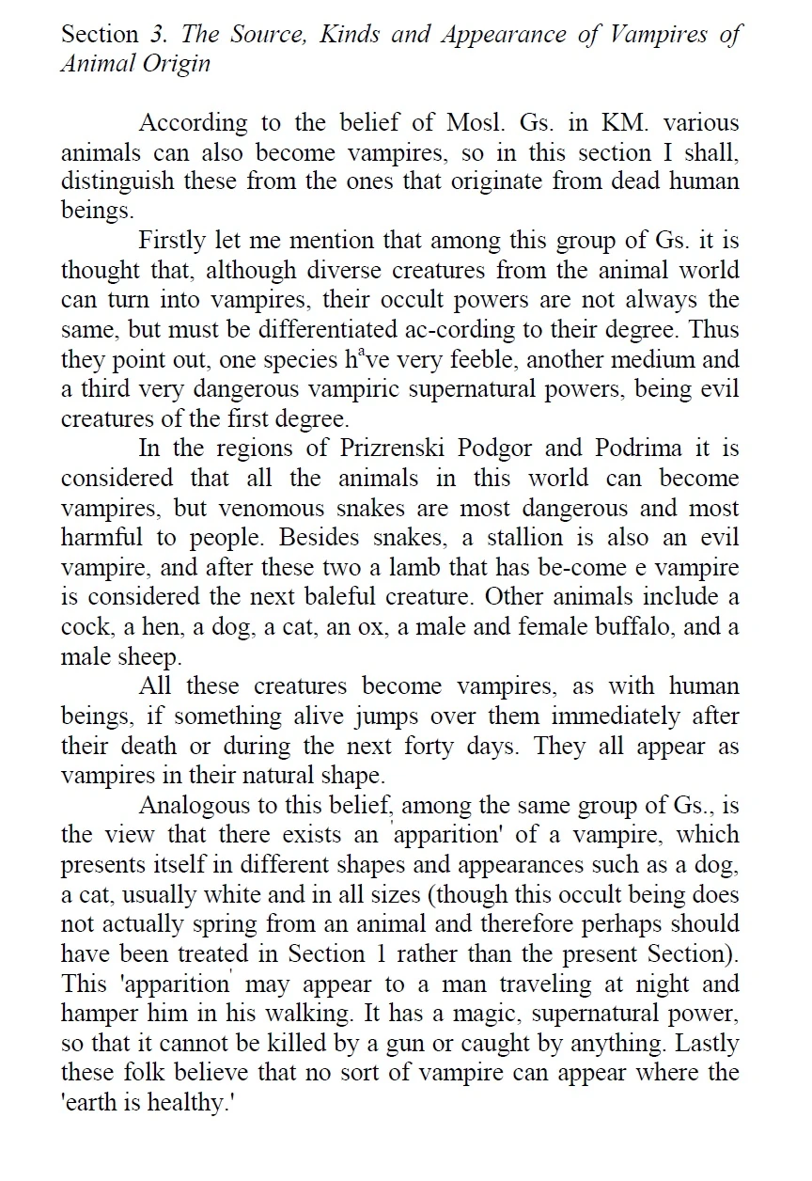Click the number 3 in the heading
156,36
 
